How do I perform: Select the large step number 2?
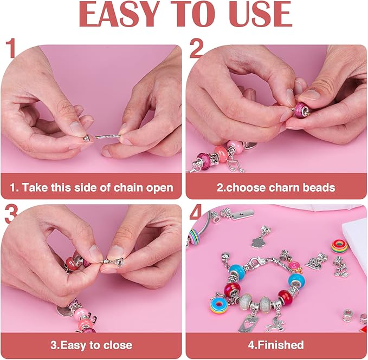(197, 49)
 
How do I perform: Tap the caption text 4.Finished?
(276, 345)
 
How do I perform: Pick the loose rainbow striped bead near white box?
(340, 245)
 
